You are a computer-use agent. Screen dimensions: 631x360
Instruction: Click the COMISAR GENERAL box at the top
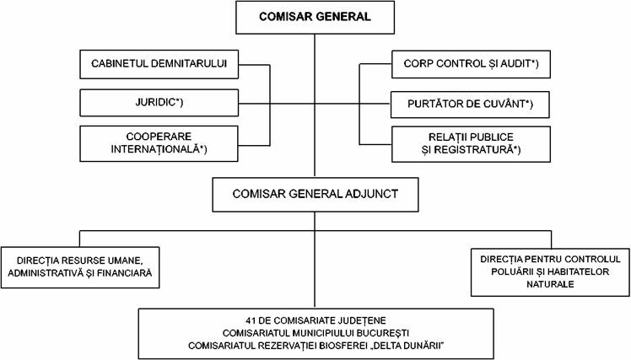pyautogui.click(x=315, y=18)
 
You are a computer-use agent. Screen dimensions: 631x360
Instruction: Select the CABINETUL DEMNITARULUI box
pyautogui.click(x=159, y=64)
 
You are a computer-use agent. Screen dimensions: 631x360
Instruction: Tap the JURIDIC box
pyautogui.click(x=159, y=103)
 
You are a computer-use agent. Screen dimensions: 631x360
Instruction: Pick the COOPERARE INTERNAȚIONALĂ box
pyautogui.click(x=159, y=143)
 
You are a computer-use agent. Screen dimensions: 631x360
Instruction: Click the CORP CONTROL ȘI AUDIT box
pyautogui.click(x=471, y=64)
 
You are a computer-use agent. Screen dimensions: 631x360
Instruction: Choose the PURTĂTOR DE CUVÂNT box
pyautogui.click(x=470, y=105)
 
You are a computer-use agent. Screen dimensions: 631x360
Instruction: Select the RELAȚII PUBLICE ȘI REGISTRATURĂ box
pyautogui.click(x=471, y=144)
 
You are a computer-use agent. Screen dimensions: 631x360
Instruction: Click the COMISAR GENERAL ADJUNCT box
pyautogui.click(x=315, y=195)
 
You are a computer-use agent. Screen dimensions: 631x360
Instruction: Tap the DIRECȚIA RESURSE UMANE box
pyautogui.click(x=80, y=267)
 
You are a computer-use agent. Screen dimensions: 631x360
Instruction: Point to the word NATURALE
pyautogui.click(x=550, y=284)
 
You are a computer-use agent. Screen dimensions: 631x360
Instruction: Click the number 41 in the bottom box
pyautogui.click(x=251, y=321)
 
